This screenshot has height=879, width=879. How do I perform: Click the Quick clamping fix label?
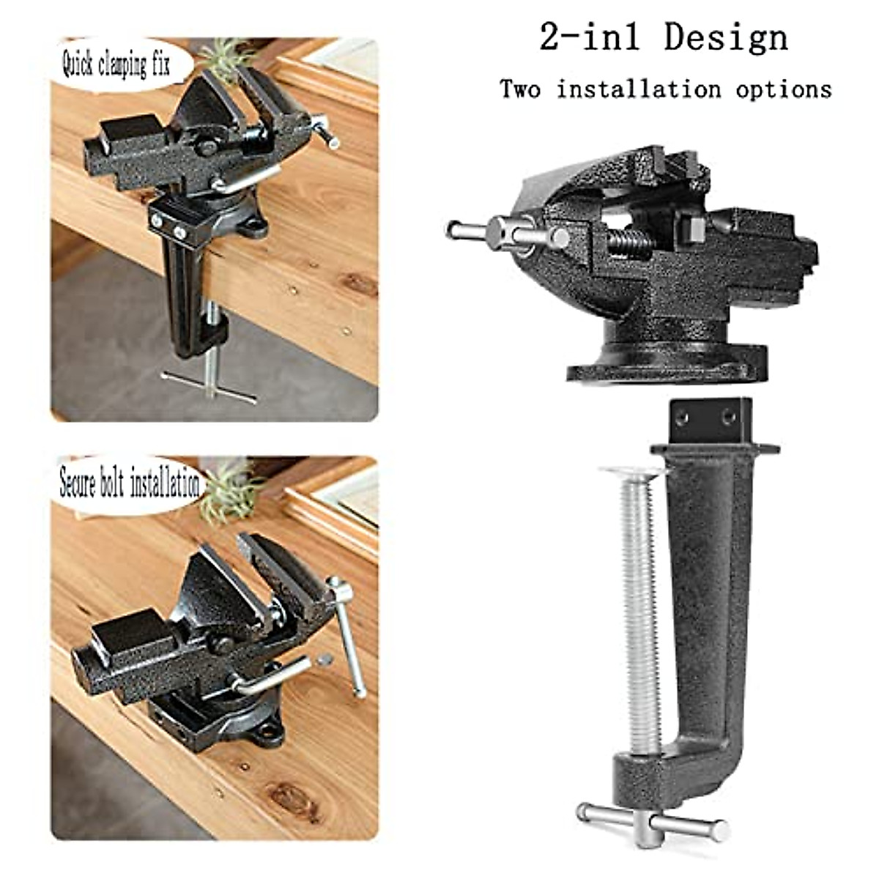[x=116, y=65]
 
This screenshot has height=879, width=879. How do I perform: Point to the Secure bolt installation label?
[x=129, y=484]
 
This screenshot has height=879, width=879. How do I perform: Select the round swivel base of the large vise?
[x=667, y=363]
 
